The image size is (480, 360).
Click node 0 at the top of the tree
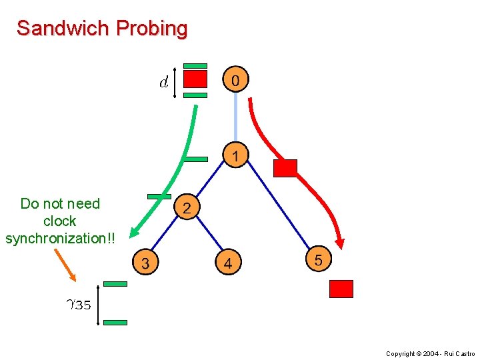tap(235, 80)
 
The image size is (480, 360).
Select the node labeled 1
tap(235, 155)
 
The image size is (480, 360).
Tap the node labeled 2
tap(187, 207)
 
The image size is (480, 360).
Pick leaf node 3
tap(145, 263)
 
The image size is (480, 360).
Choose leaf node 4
tap(227, 263)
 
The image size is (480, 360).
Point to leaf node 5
tap(317, 259)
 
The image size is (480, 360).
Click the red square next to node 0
tap(195, 80)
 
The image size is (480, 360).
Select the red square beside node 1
tap(285, 168)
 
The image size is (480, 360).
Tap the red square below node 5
tap(341, 289)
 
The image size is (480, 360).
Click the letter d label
tap(163, 83)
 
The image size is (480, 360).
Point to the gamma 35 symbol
tap(78, 305)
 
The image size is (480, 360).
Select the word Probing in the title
tap(151, 29)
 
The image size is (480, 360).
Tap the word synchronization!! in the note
tap(60, 238)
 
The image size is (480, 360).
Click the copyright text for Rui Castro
tap(431, 353)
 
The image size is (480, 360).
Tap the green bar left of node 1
tap(197, 159)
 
